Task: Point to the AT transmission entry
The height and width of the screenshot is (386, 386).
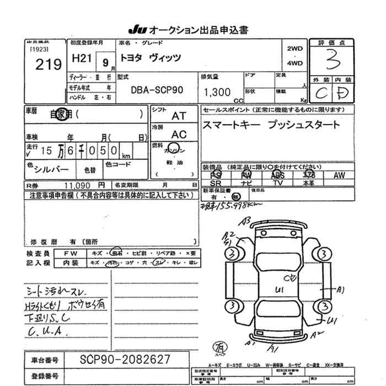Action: (x=179, y=116)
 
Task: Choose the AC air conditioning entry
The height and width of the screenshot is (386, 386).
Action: (x=179, y=134)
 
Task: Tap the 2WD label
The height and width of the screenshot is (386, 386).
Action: (x=295, y=49)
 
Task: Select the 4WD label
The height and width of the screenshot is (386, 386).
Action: (x=295, y=63)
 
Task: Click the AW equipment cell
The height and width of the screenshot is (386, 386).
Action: (x=339, y=175)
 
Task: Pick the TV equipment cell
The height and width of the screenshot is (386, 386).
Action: (x=278, y=183)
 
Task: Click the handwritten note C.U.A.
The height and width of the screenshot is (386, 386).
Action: (x=48, y=331)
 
